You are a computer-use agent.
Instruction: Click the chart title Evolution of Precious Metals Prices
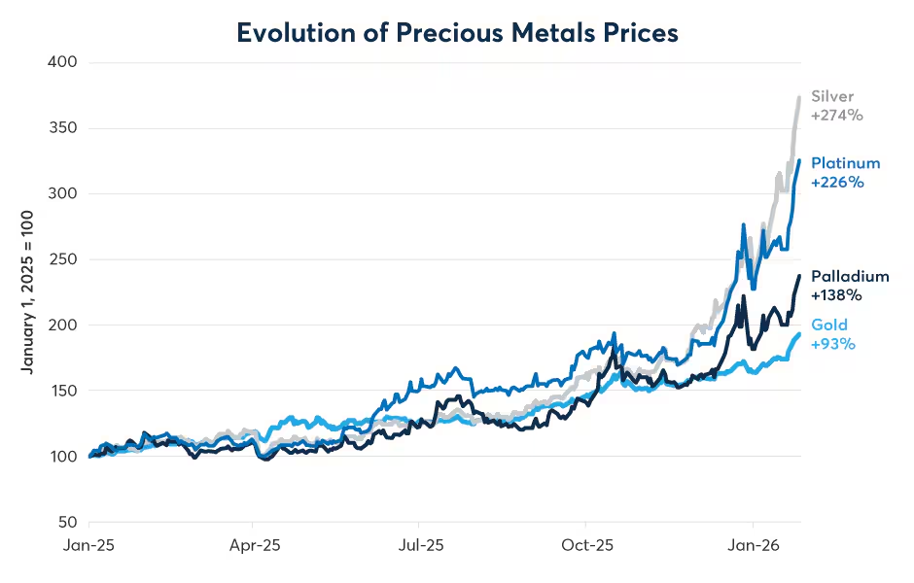(x=457, y=33)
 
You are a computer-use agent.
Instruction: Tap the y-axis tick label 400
(x=62, y=62)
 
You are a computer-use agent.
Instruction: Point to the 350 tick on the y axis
(x=63, y=127)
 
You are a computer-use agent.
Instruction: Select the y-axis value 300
(x=62, y=193)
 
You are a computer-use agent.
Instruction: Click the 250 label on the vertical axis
(x=63, y=259)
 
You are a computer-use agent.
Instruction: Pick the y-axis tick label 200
(x=63, y=325)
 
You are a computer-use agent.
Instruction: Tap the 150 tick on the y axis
(x=63, y=391)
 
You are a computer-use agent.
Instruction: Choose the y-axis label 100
(x=63, y=457)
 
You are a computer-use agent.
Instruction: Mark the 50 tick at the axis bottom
(x=68, y=523)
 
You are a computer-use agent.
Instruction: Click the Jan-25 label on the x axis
(x=88, y=545)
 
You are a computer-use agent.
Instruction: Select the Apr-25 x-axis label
(x=255, y=545)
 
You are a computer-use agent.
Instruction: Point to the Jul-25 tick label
(x=421, y=545)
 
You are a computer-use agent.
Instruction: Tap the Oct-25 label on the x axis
(x=587, y=545)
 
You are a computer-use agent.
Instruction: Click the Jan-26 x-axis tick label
(x=754, y=545)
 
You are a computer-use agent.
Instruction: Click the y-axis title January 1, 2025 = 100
(x=27, y=291)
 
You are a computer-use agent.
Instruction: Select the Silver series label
(x=832, y=97)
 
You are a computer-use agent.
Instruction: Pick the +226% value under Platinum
(x=837, y=183)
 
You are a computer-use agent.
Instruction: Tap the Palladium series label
(x=850, y=276)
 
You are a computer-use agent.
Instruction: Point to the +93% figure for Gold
(x=833, y=344)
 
